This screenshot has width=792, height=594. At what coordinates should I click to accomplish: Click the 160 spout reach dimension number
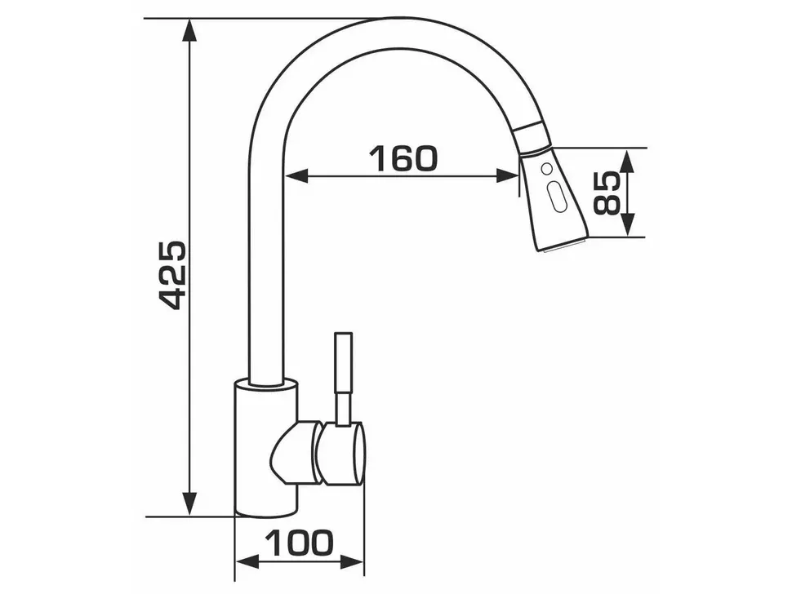click(x=403, y=158)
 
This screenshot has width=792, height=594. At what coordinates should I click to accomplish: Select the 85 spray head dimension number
click(x=606, y=193)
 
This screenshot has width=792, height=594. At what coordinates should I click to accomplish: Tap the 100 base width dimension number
click(x=300, y=543)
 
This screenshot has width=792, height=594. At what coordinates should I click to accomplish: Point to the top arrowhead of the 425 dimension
click(x=189, y=31)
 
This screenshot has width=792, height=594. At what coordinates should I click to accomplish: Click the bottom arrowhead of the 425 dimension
click(x=189, y=503)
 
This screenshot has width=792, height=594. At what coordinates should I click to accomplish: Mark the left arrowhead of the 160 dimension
click(x=297, y=175)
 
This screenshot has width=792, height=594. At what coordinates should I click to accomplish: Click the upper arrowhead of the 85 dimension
click(x=627, y=161)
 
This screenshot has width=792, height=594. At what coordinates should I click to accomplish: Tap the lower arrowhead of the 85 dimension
click(x=627, y=224)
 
